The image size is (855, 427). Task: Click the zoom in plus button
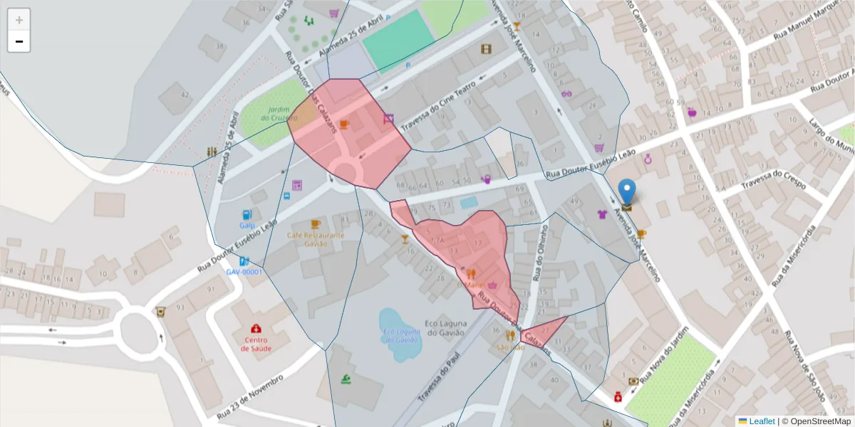(x=19, y=20)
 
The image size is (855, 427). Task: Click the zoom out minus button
(x=19, y=41)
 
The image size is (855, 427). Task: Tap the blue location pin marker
(x=627, y=191)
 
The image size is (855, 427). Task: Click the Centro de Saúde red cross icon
(x=255, y=329)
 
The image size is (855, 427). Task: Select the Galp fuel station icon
(x=247, y=213)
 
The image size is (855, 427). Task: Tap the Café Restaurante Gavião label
(x=316, y=238)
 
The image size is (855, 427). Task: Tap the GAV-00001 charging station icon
(x=244, y=262)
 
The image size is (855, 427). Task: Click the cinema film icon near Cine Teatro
(x=486, y=49)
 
